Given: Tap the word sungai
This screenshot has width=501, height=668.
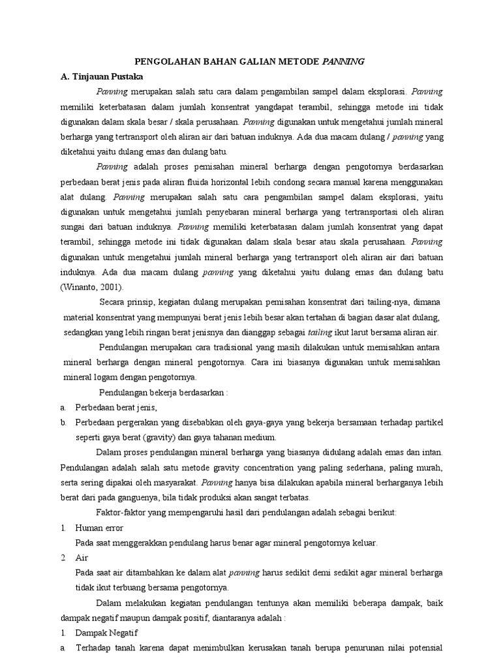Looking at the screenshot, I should [74, 227].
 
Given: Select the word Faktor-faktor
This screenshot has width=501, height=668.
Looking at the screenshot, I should [123, 512].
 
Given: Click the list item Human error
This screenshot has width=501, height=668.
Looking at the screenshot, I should [99, 527].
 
